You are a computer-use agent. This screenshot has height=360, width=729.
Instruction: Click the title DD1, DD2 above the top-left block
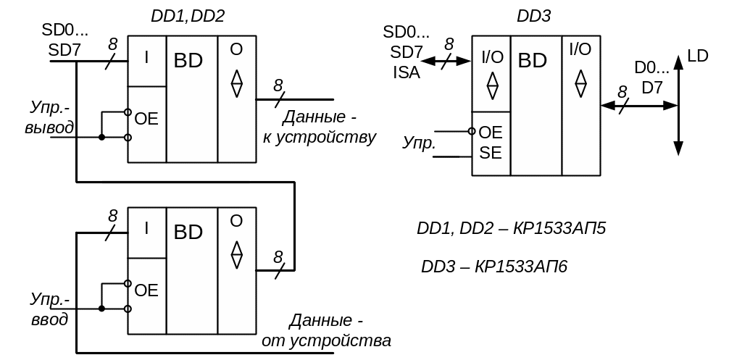click(x=188, y=17)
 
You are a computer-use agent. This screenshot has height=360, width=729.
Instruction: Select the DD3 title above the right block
click(x=533, y=17)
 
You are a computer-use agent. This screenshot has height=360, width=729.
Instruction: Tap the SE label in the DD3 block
click(x=491, y=153)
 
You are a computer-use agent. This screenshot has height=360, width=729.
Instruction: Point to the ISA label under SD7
click(x=407, y=72)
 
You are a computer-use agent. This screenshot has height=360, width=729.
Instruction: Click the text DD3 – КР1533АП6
click(x=494, y=267)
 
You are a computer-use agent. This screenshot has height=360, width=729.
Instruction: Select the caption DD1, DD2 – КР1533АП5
click(x=511, y=229)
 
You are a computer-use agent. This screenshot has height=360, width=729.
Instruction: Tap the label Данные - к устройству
click(x=320, y=127)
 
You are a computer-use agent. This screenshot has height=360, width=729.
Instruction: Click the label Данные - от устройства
click(x=327, y=330)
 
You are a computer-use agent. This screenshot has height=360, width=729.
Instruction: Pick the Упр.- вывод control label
click(x=50, y=118)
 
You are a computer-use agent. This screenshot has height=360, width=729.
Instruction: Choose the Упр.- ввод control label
click(x=50, y=309)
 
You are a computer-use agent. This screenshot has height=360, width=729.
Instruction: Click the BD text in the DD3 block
click(x=533, y=61)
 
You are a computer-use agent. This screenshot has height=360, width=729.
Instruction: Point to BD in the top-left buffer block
click(x=188, y=61)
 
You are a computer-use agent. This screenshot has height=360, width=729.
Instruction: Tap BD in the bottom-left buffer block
click(x=188, y=233)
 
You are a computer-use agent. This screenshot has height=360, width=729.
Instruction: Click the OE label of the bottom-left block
click(x=146, y=291)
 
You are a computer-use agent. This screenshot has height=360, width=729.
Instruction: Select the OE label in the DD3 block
click(x=491, y=133)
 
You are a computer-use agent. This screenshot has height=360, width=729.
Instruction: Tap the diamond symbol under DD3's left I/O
click(x=492, y=85)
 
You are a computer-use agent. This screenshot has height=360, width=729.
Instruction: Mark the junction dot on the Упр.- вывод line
click(x=101, y=137)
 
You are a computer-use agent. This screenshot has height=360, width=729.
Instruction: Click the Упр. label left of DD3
click(x=419, y=143)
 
